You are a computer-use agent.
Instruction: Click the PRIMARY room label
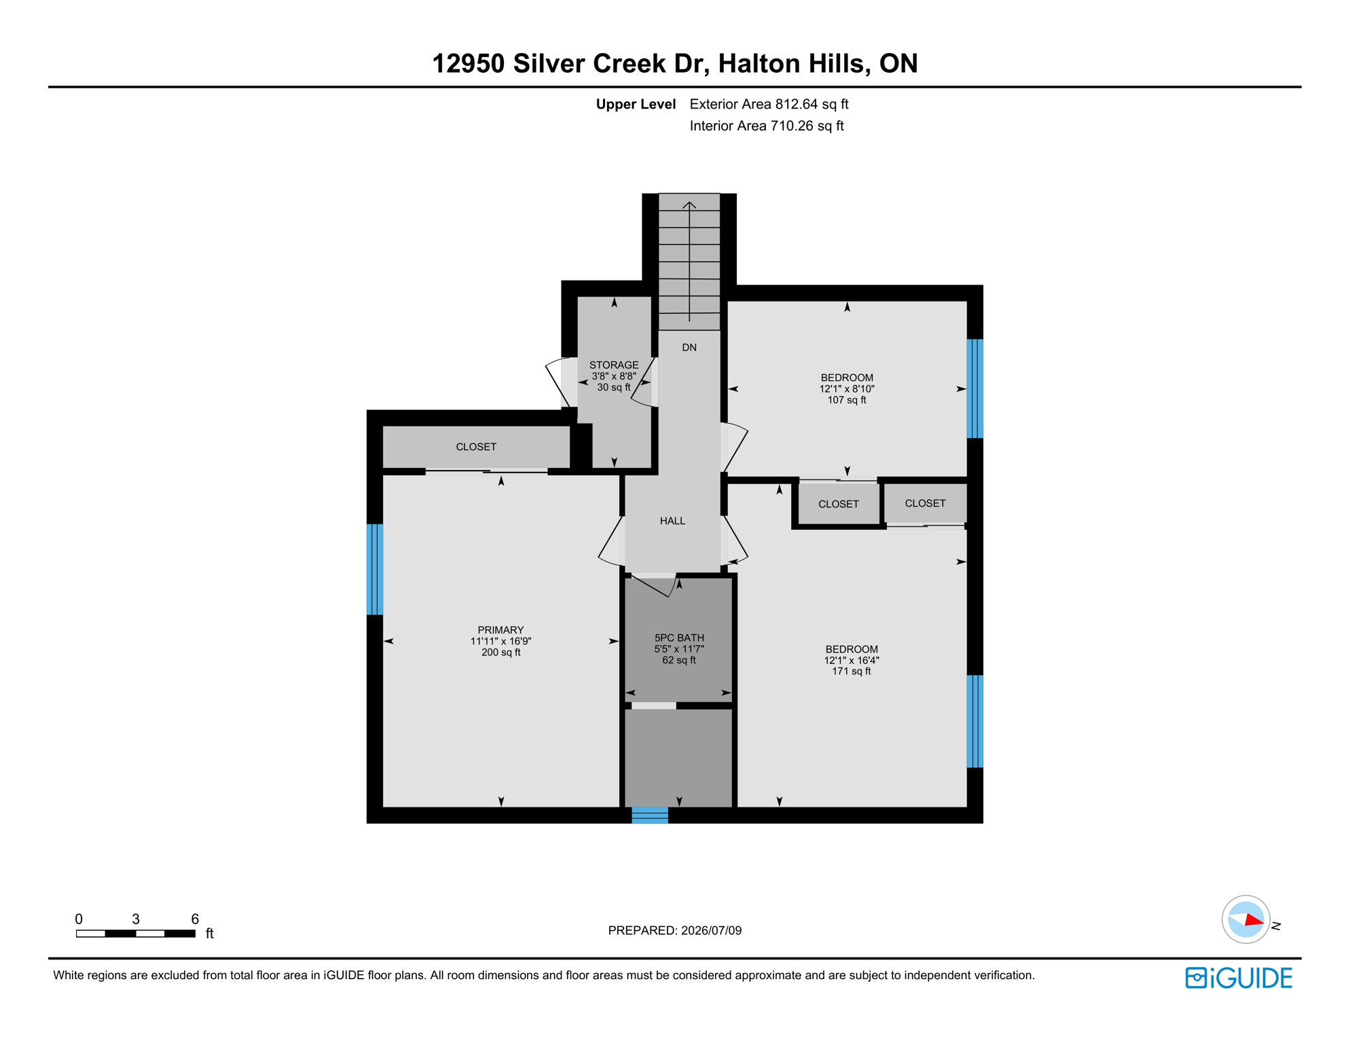[500, 629]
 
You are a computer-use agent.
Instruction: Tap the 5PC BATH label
[679, 638]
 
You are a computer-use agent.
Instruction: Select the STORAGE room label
[614, 365]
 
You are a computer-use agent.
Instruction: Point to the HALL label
[672, 521]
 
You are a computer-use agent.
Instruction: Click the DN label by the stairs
[689, 347]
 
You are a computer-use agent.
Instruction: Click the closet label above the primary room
[476, 447]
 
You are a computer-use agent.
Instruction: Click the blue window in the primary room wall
[375, 569]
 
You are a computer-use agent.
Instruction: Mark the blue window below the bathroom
[650, 815]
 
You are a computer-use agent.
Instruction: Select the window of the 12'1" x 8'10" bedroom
[975, 388]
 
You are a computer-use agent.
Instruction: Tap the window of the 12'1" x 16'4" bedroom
[975, 721]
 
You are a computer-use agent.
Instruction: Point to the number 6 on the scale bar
[195, 919]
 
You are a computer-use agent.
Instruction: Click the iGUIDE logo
[1239, 978]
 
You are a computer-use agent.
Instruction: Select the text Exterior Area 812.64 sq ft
[769, 104]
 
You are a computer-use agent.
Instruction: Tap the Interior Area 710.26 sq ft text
[767, 126]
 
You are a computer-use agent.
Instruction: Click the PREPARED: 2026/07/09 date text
[674, 930]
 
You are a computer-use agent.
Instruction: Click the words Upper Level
[636, 104]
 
